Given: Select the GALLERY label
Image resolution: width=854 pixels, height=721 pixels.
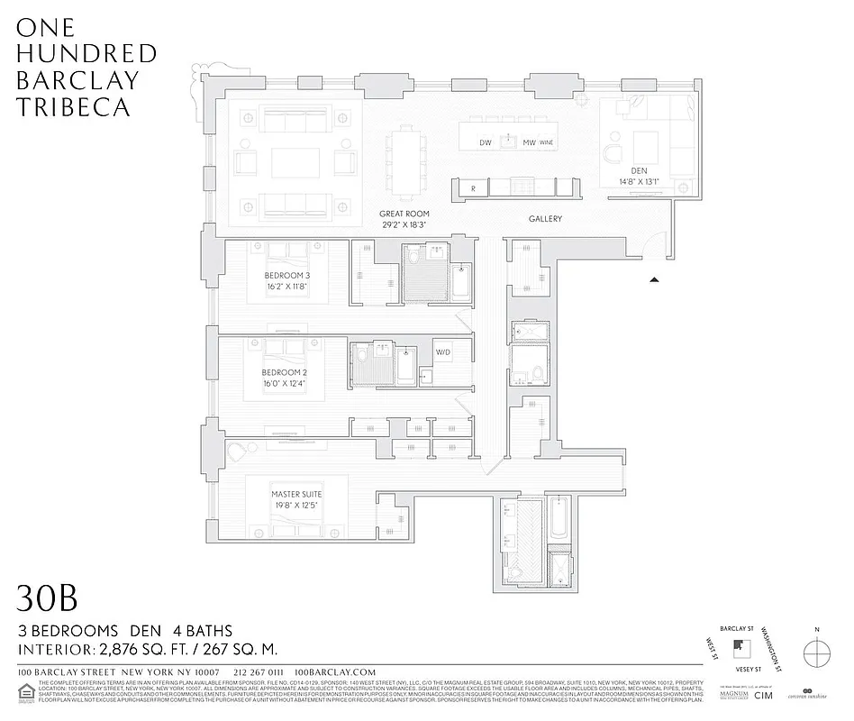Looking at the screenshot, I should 545,219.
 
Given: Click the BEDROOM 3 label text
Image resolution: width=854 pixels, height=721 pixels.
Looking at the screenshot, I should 286,276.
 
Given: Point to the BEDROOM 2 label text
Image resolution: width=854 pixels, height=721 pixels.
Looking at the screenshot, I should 286,372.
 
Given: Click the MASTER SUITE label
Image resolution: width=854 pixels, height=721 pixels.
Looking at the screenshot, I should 296,495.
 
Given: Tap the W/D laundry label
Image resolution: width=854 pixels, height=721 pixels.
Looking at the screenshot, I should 443,352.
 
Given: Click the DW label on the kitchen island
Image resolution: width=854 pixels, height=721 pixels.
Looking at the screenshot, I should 485,142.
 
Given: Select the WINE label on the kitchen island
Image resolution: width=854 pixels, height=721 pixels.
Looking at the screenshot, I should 546,142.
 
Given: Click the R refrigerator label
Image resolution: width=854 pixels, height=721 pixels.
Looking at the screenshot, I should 473,187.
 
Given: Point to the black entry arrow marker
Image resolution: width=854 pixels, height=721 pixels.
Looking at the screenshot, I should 655,280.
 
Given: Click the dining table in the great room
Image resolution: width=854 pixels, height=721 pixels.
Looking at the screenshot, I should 403,160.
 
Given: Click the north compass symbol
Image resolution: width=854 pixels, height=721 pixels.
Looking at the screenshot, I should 816,651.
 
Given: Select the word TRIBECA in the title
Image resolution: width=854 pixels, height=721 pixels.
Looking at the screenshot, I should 73,106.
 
